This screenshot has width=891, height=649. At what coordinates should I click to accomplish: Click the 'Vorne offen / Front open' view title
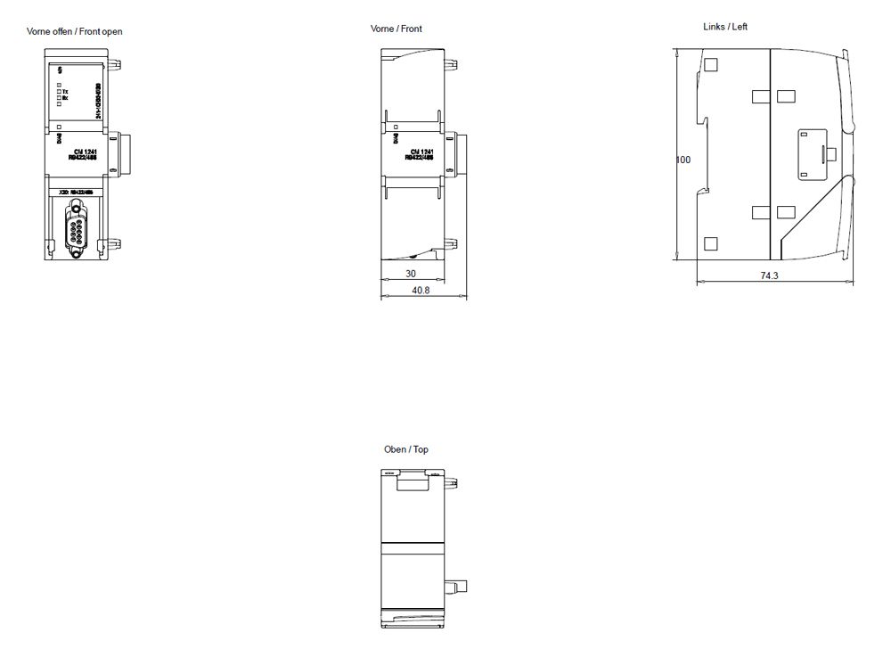pos(75,31)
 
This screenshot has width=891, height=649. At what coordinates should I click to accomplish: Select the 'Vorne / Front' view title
pos(396,29)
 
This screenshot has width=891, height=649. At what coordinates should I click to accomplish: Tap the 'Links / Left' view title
pos(725,27)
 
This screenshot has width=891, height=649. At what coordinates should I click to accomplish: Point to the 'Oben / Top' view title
pos(406,449)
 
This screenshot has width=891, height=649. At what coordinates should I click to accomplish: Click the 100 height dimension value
pos(683,160)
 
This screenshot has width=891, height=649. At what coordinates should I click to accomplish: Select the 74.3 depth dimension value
pos(769,276)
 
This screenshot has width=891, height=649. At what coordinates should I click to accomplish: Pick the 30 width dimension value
pos(411,275)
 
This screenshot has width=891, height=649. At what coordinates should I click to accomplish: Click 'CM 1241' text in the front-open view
pos(85,152)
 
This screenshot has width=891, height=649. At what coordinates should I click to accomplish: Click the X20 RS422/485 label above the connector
pos(77,191)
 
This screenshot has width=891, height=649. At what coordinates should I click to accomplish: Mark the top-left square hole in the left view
pos(711,65)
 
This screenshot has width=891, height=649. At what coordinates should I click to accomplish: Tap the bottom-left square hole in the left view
pos(711,243)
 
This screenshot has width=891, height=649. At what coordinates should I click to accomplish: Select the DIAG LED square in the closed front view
pos(394,128)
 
